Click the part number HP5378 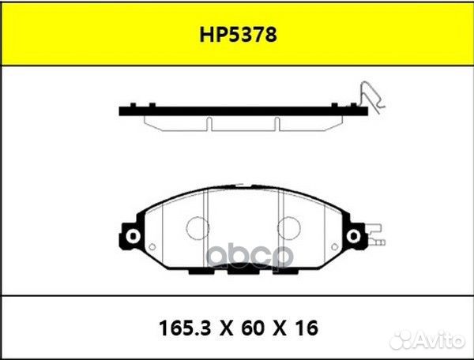[x=238, y=35]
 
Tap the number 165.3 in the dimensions [x=184, y=328]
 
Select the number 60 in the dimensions [x=253, y=328]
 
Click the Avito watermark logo [x=427, y=341]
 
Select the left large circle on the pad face [x=197, y=228]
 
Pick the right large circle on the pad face [x=288, y=228]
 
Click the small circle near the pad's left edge [x=152, y=247]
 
